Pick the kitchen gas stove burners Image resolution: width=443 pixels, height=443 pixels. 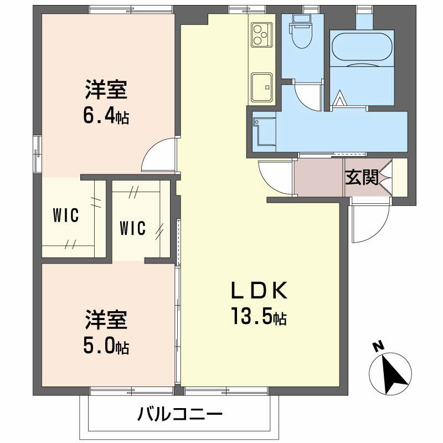[261, 34]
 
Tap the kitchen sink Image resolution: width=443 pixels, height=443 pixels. [261, 86]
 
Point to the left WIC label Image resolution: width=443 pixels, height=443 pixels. [66, 215]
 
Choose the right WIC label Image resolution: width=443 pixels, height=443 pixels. [133, 228]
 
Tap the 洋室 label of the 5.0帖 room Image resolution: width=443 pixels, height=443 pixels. [106, 320]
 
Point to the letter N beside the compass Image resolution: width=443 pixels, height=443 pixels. [378, 347]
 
